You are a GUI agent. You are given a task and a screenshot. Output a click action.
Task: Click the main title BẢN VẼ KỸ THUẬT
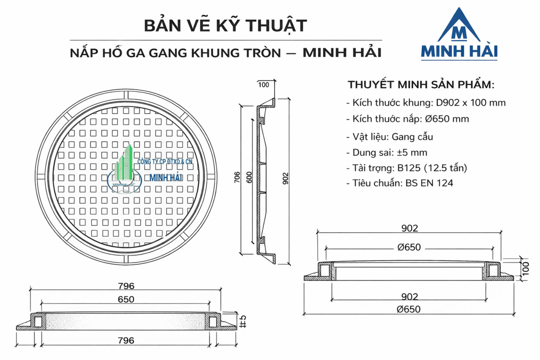[225, 26]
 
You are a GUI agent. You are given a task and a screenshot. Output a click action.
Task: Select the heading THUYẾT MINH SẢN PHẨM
[421, 85]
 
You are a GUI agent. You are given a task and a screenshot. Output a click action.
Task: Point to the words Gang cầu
[412, 137]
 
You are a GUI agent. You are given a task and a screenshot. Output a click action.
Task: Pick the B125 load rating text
[409, 168]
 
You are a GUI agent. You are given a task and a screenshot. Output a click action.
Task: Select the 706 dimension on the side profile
[237, 177]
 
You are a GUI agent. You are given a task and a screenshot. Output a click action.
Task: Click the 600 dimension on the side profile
[249, 177]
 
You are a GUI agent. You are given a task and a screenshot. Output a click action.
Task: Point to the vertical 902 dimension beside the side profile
[285, 178]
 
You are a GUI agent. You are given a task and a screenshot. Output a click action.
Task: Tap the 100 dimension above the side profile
[264, 85]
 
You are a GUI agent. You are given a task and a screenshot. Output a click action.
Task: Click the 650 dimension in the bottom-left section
[126, 299]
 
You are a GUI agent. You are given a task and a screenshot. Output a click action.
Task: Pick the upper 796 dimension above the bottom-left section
[126, 286]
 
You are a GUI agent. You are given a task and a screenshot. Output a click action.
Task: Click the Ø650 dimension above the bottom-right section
[409, 247]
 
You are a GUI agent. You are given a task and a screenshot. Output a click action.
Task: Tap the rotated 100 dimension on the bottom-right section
[526, 268]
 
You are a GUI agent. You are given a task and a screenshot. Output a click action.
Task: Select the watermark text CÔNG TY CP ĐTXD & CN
[165, 162]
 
